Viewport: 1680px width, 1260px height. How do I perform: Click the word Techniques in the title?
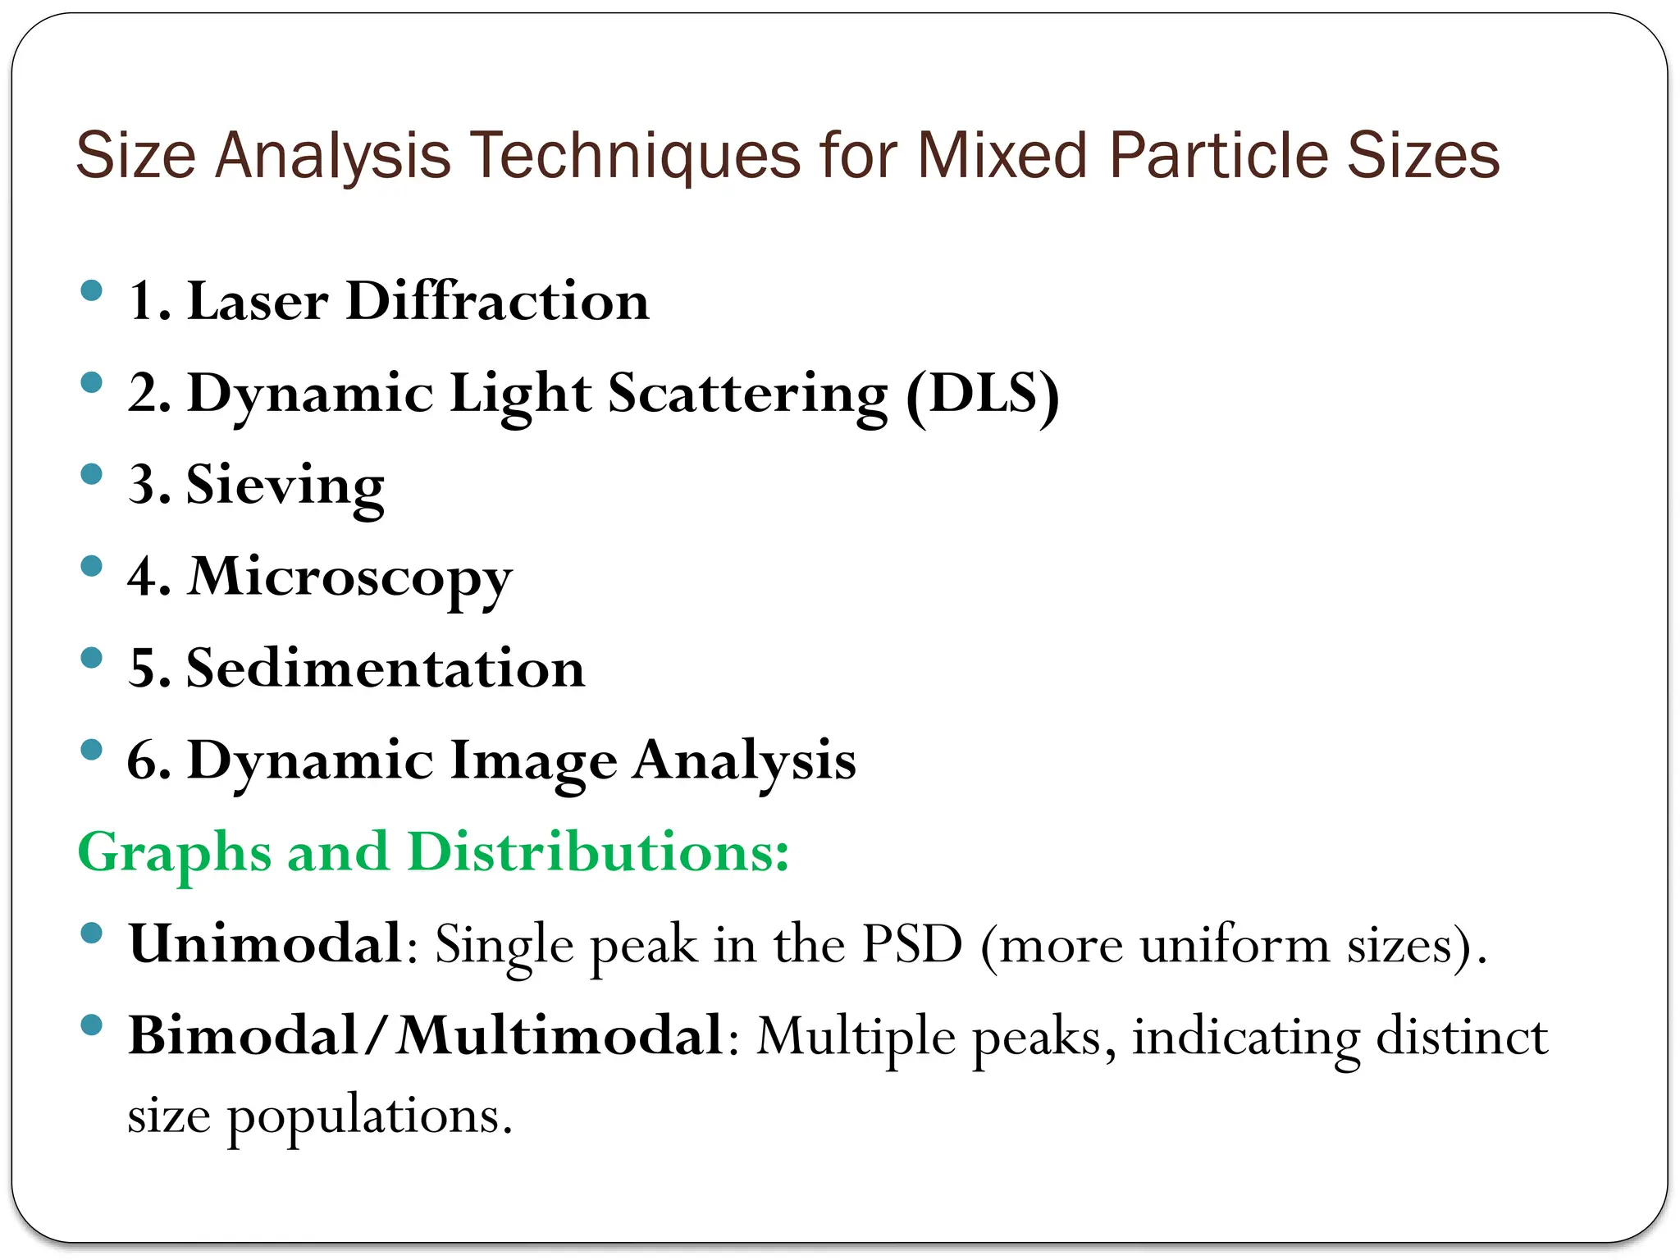[x=636, y=156]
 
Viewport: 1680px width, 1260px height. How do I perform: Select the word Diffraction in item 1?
[x=497, y=300]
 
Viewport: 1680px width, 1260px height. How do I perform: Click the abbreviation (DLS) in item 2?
[x=983, y=394]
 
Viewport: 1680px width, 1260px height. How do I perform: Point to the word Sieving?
[x=285, y=486]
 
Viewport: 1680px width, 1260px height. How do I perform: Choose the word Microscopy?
[x=350, y=577]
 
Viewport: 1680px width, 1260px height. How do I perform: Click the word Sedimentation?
[x=386, y=668]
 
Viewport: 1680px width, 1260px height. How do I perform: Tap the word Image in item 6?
[x=533, y=760]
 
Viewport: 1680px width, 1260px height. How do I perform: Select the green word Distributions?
[x=597, y=851]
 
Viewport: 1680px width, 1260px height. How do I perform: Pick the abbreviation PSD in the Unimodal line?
[x=911, y=945]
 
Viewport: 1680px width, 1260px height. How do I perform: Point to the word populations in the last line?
[x=369, y=1116]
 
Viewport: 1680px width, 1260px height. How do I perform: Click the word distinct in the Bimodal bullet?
[x=1462, y=1036]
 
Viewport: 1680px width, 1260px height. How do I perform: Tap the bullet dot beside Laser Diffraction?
[x=92, y=290]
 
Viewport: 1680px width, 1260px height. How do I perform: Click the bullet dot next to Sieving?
[x=92, y=474]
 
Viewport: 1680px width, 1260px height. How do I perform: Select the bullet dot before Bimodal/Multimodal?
[x=92, y=1025]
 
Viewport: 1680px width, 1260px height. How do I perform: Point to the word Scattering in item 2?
[x=747, y=394]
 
